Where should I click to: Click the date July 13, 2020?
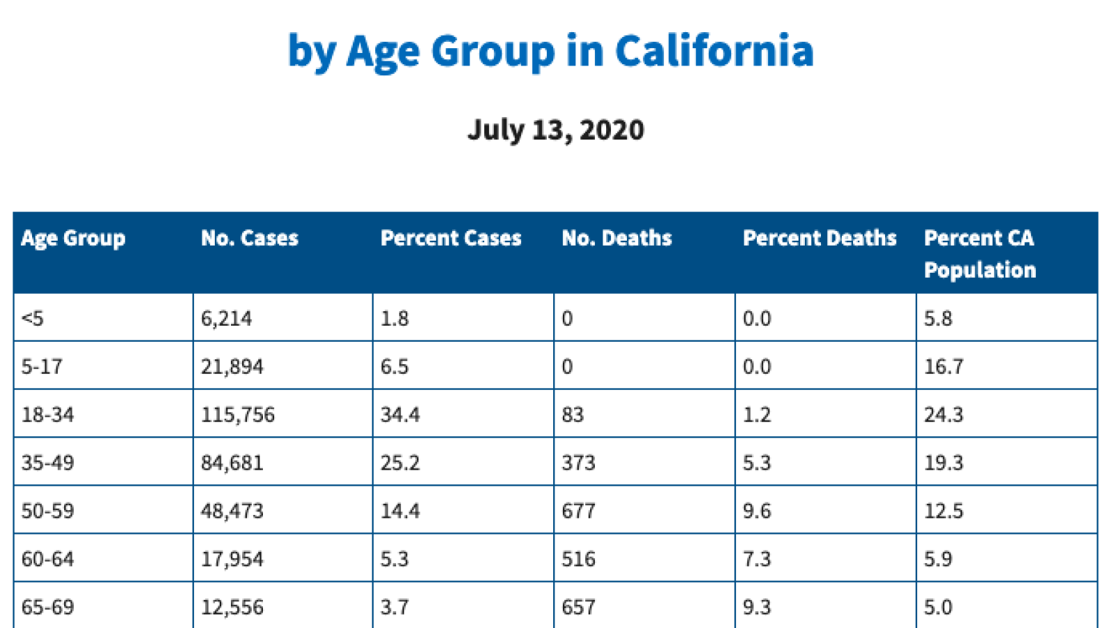point(555,130)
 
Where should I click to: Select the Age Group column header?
point(73,239)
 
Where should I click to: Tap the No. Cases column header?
point(249,239)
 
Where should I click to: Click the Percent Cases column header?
point(451,239)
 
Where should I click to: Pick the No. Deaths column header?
point(617,239)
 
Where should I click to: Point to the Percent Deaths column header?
point(819,239)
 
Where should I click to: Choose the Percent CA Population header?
point(979,254)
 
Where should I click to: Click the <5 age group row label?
point(33,319)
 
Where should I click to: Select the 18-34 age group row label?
point(47,415)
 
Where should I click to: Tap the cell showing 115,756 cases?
point(238,415)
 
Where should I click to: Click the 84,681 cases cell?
point(232,463)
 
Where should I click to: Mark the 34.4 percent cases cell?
point(400,415)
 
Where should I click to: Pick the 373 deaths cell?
point(578,463)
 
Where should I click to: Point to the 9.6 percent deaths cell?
point(757,511)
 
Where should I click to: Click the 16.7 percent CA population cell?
point(943,367)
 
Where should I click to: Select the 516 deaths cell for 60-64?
point(578,560)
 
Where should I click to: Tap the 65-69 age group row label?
point(47,607)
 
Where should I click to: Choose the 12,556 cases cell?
point(232,607)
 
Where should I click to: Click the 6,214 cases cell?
point(226,319)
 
